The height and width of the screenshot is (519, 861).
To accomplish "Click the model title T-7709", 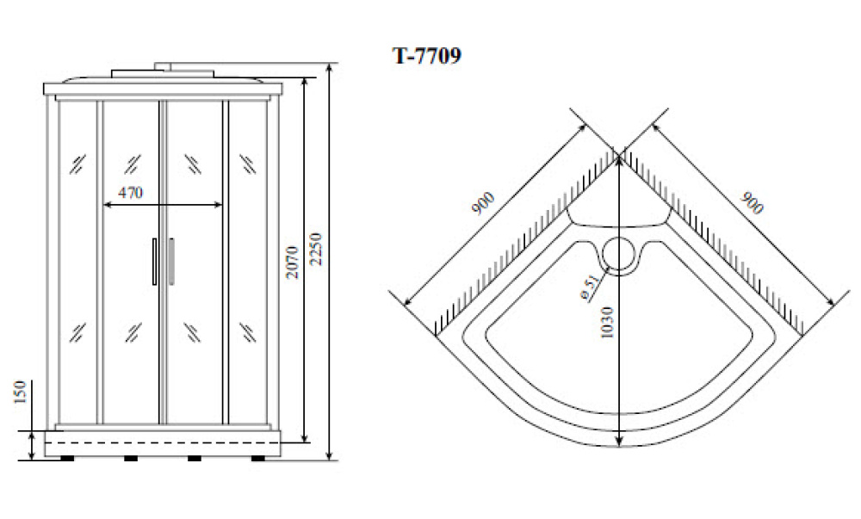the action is [x=427, y=55].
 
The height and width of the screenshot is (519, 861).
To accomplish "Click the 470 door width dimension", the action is [x=131, y=193].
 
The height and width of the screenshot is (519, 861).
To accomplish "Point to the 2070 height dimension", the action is [x=292, y=262].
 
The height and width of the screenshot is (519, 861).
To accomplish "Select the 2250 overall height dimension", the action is [x=315, y=249].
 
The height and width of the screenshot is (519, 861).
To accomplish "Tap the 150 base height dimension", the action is [x=20, y=392].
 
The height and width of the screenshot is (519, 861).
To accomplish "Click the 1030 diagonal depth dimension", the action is [x=606, y=323].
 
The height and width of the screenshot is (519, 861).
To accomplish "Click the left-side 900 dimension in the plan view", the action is [x=483, y=203].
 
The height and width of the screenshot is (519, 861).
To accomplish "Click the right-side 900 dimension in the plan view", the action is [x=752, y=203].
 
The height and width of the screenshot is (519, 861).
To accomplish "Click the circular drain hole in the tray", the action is [x=619, y=254].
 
